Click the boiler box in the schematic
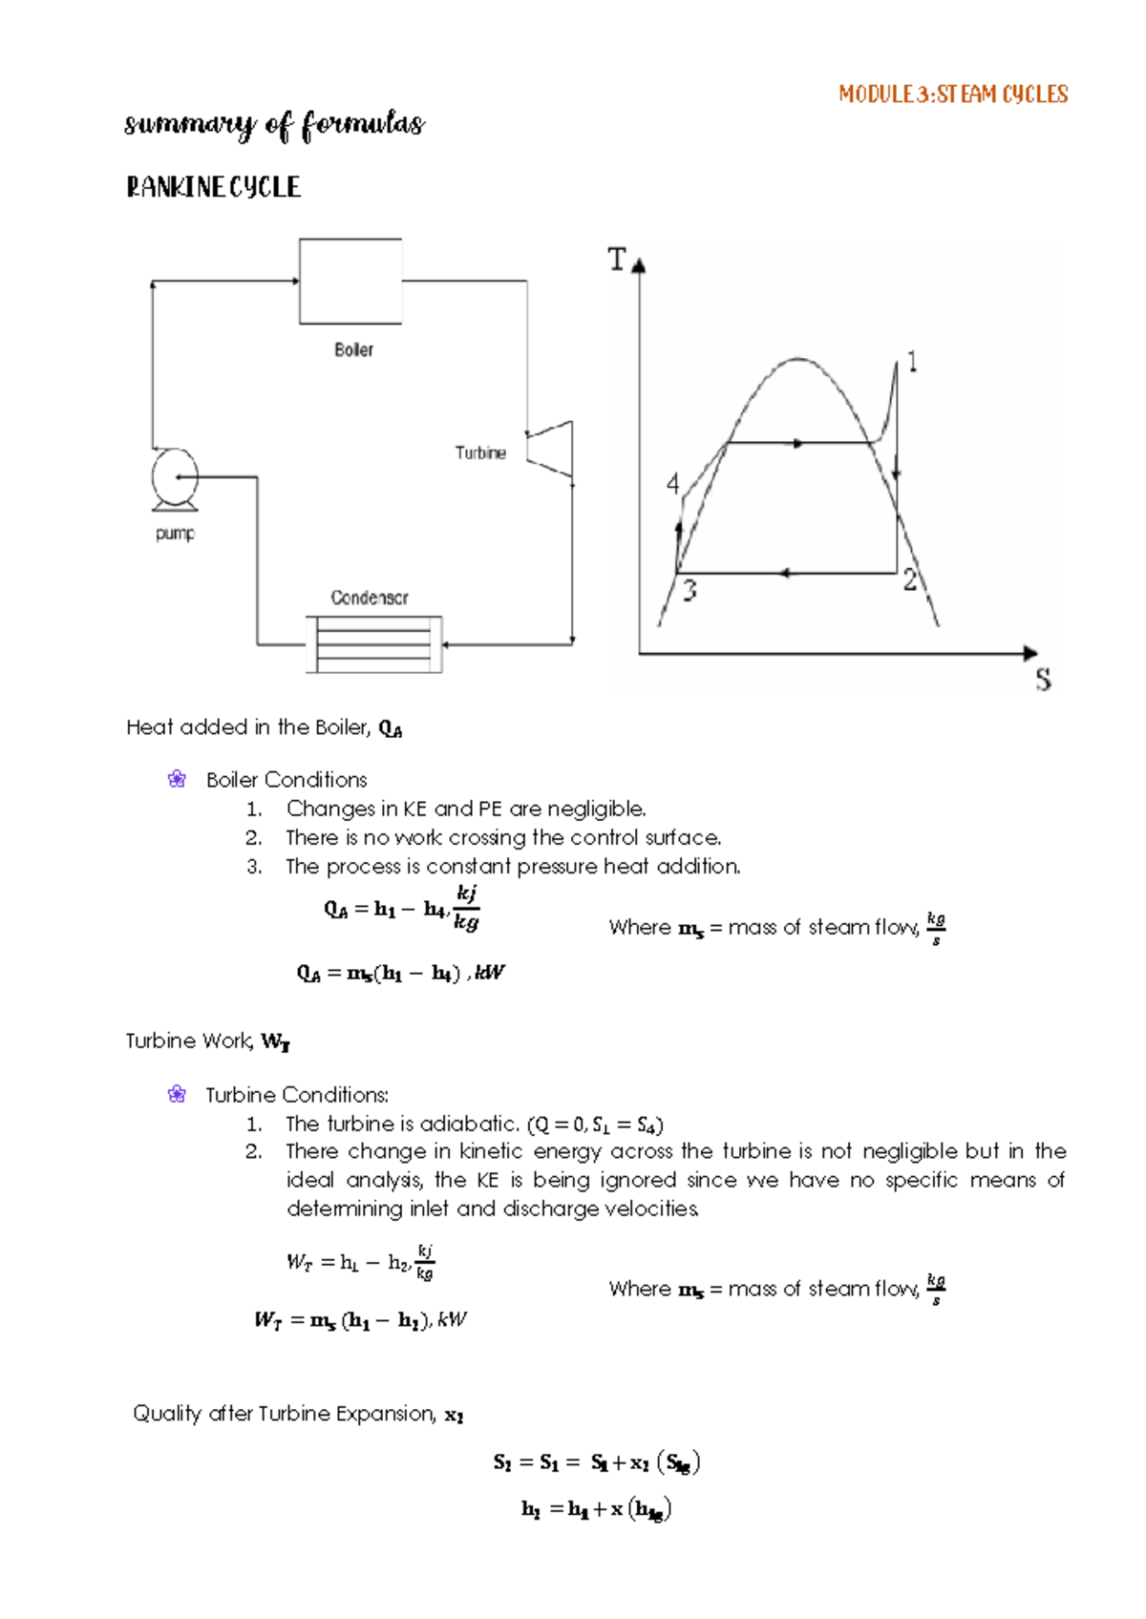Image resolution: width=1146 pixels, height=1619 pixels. pyautogui.click(x=350, y=282)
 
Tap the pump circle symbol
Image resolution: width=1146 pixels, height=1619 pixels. pyautogui.click(x=175, y=476)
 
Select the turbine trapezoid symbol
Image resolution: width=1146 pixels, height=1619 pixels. pyautogui.click(x=551, y=448)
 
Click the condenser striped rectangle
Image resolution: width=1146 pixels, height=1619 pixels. pyautogui.click(x=374, y=644)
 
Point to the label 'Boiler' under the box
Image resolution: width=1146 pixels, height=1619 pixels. pyautogui.click(x=353, y=350)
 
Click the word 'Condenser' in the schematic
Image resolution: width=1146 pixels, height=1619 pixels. pyautogui.click(x=370, y=598)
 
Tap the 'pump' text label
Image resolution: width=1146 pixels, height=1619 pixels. pyautogui.click(x=175, y=534)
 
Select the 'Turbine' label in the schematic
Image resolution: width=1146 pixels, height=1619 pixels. pyautogui.click(x=480, y=452)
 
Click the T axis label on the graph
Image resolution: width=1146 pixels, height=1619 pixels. pyautogui.click(x=618, y=260)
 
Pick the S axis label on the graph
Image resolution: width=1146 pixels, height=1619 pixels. pyautogui.click(x=1043, y=680)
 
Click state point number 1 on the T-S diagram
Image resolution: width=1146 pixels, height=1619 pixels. pyautogui.click(x=913, y=362)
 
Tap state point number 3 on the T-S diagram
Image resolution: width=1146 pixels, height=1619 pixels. pyautogui.click(x=690, y=591)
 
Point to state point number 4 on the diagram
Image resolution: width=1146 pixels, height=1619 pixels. pyautogui.click(x=673, y=484)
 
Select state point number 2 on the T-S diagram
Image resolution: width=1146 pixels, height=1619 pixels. pyautogui.click(x=910, y=579)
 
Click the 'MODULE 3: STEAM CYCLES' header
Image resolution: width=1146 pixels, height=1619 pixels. pyautogui.click(x=952, y=95)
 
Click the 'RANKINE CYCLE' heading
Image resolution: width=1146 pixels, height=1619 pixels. pyautogui.click(x=213, y=187)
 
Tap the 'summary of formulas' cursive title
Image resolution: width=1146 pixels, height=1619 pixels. pyautogui.click(x=274, y=125)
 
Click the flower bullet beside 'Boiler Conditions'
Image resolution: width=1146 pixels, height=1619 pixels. pyautogui.click(x=177, y=780)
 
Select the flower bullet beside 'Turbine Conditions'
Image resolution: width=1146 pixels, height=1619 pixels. pyautogui.click(x=177, y=1095)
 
